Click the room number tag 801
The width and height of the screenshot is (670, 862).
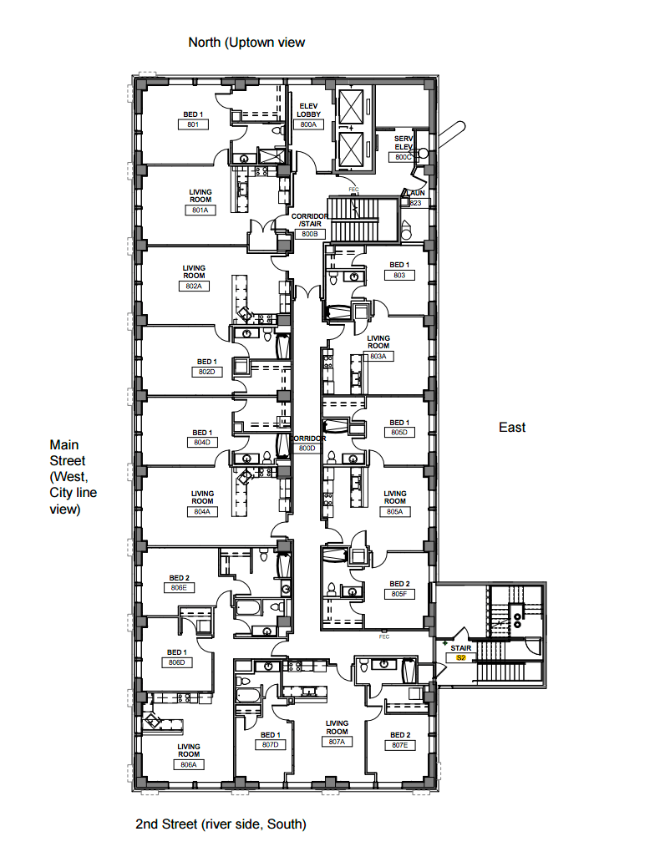192,124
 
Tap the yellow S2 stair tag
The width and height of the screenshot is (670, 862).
460,658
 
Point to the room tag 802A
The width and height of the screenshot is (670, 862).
194,286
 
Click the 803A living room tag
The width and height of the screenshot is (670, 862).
378,356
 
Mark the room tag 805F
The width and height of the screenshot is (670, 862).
399,594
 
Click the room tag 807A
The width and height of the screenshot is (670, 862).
337,742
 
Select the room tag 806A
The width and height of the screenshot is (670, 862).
189,764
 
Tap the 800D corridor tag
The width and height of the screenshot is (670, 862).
307,449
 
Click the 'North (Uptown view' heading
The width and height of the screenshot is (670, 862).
246,42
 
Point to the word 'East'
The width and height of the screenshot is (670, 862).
512,427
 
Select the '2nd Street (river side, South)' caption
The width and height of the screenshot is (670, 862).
221,824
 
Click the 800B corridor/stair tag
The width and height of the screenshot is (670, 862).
308,234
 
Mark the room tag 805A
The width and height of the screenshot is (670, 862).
394,511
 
